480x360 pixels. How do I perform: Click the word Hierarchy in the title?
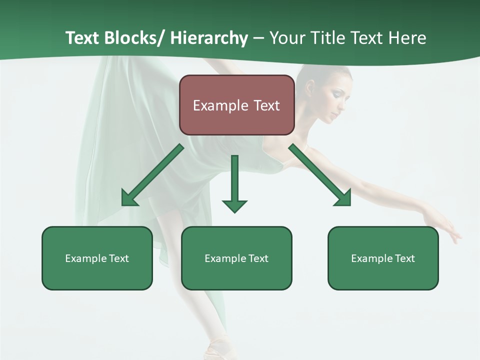(x=209, y=38)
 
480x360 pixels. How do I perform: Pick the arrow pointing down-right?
(x=320, y=175)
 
